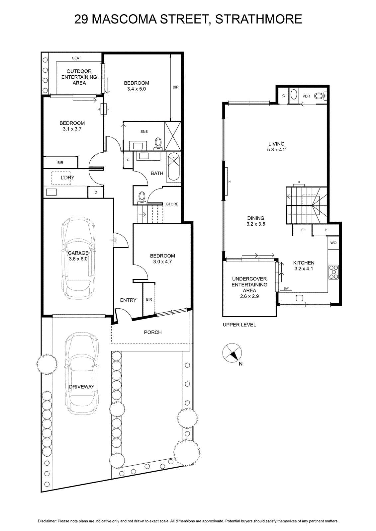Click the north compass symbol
click(x=232, y=353)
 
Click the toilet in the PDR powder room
click(x=320, y=96)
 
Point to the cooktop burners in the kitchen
click(x=333, y=272)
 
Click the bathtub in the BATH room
click(x=174, y=168)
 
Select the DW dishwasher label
click(x=286, y=288)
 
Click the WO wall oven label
click(x=333, y=243)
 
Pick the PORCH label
click(x=153, y=332)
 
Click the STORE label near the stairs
click(x=172, y=204)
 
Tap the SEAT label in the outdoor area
click(x=76, y=58)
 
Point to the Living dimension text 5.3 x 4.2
click(x=276, y=150)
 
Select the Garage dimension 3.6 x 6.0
click(x=78, y=259)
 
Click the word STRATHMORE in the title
click(x=258, y=19)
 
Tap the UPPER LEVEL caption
click(x=239, y=325)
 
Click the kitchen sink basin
click(x=299, y=298)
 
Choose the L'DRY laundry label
click(x=68, y=178)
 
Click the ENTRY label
click(x=128, y=300)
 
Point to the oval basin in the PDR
click(x=294, y=94)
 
